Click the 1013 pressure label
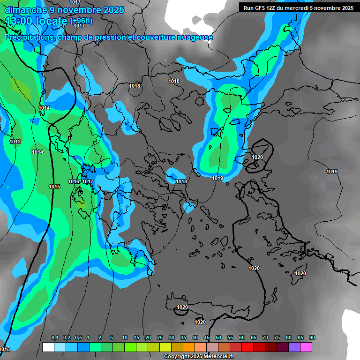[x=15, y=142]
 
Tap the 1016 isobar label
[x=74, y=181]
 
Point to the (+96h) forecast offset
[x=81, y=21]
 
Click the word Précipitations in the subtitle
[x=29, y=37]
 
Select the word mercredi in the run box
[x=303, y=8]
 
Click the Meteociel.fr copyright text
[x=198, y=357]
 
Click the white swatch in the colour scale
[x=48, y=347]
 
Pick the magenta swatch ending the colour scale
[x=306, y=347]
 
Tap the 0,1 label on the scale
[x=55, y=338]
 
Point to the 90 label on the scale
[x=312, y=338]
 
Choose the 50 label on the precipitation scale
[x=218, y=338]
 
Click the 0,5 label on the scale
[x=78, y=338]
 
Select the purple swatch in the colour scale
[x=294, y=347]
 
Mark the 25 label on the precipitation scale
[x=160, y=338]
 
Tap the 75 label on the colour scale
[x=277, y=338]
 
